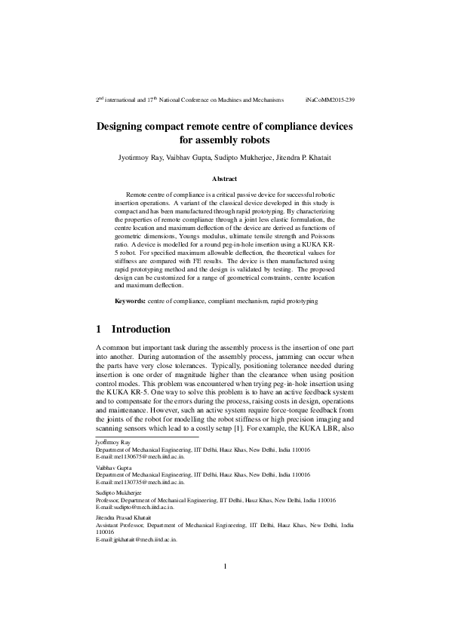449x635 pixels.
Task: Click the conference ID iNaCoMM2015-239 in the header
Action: [x=330, y=100]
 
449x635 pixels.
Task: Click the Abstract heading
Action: [x=224, y=179]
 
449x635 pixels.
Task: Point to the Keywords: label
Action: [x=130, y=301]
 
